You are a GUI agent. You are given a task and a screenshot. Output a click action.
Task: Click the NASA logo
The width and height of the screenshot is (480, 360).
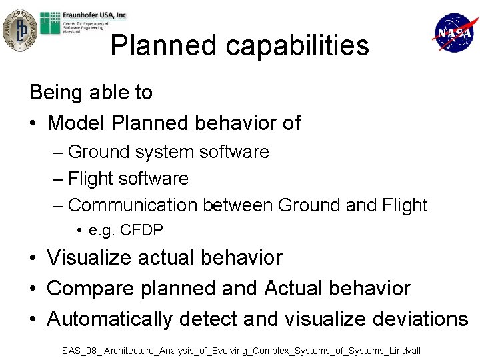[455, 33]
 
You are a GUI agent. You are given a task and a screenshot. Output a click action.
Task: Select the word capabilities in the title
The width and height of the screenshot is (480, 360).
[297, 45]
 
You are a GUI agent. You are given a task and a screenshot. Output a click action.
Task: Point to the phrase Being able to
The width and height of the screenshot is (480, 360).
[91, 92]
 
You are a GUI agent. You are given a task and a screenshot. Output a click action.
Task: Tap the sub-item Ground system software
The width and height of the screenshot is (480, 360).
[168, 152]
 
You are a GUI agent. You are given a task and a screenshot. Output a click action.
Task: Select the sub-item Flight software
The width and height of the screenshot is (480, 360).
[128, 179]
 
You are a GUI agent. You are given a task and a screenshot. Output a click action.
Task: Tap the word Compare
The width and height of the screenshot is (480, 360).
[89, 288]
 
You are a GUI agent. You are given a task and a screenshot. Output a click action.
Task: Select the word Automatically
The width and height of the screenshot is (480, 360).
[109, 319]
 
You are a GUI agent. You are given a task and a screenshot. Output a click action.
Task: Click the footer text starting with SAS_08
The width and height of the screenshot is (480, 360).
[241, 350]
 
